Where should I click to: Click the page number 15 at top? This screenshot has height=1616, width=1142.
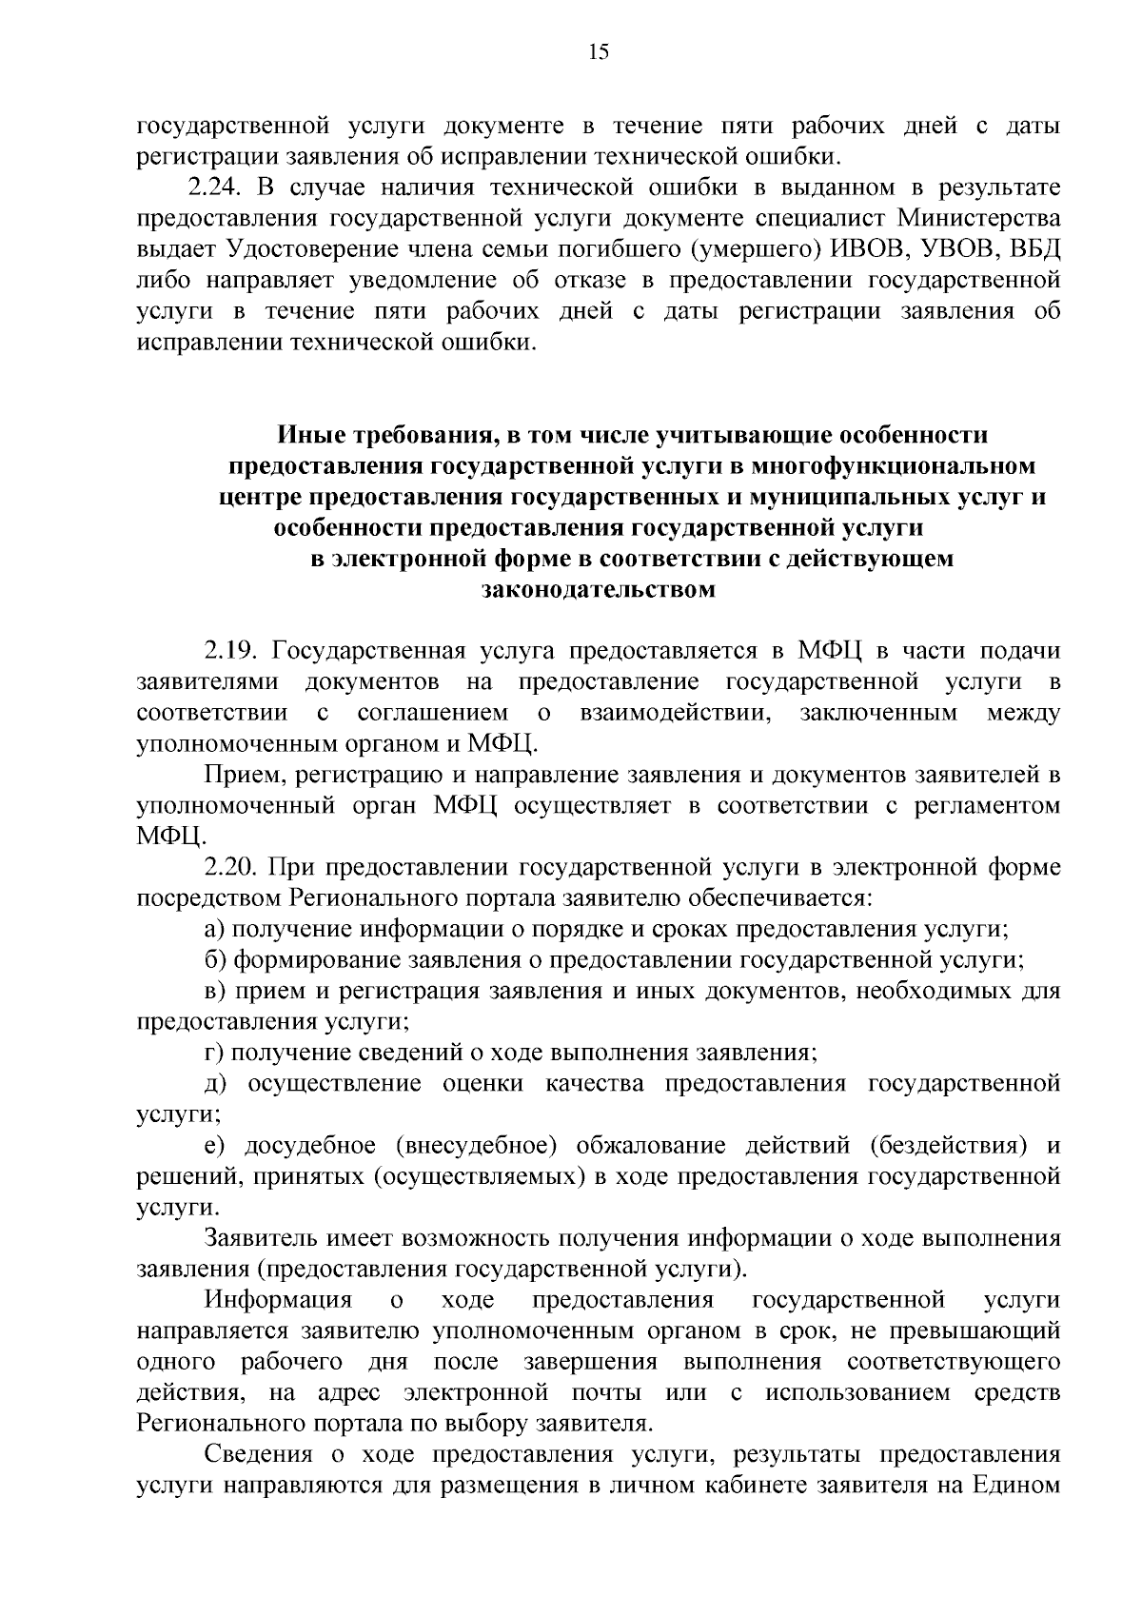[599, 53]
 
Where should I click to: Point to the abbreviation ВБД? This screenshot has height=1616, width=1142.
[1034, 249]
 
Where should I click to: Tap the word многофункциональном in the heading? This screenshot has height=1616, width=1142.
[893, 466]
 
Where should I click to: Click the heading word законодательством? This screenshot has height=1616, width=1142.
[600, 590]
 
